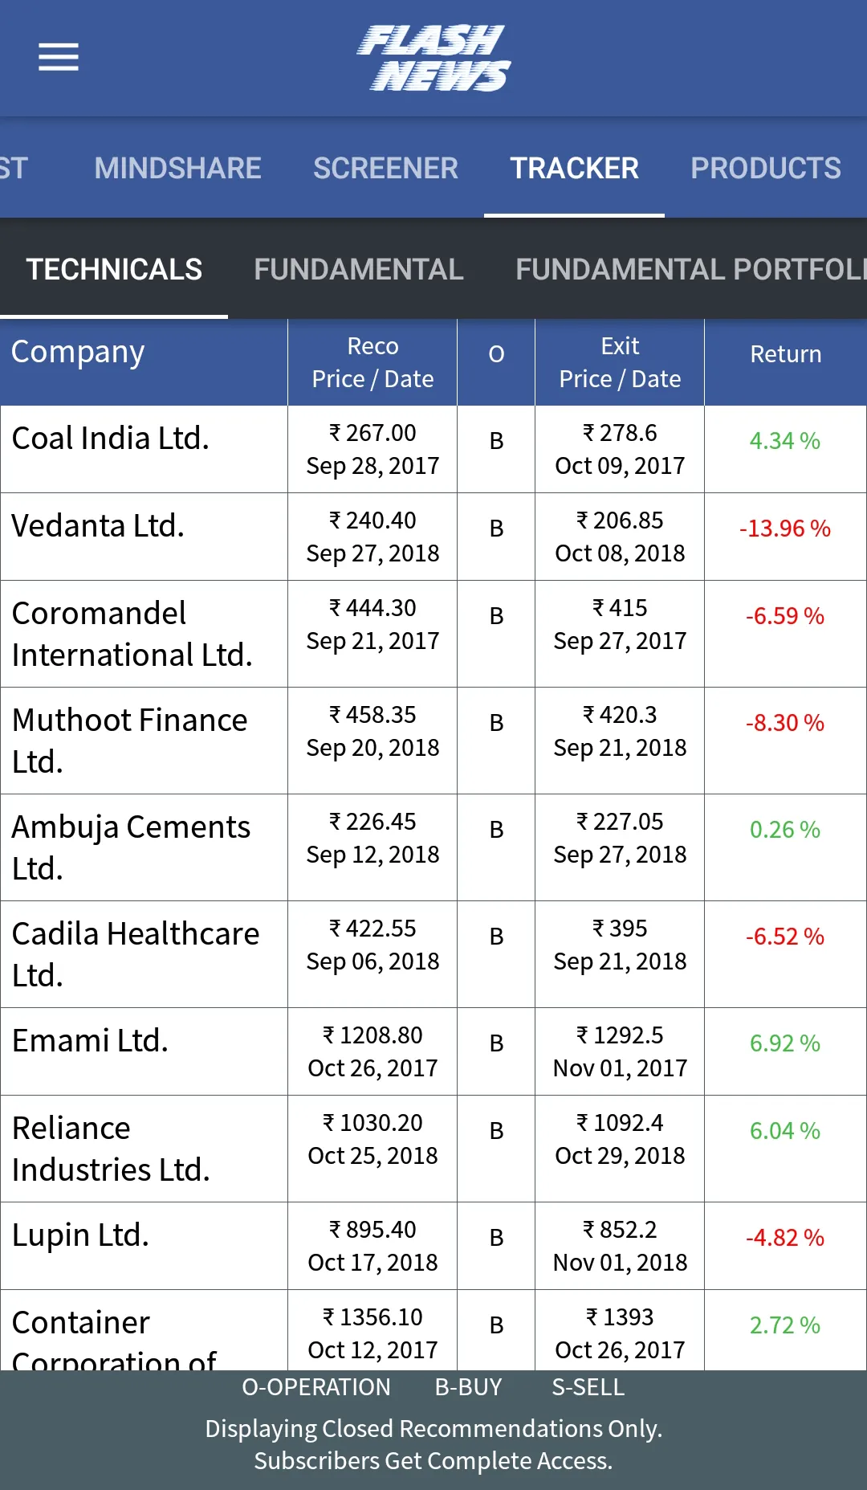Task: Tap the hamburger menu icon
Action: (x=59, y=57)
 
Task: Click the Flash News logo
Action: (x=433, y=58)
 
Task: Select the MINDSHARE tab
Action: (x=177, y=168)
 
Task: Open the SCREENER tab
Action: (x=385, y=168)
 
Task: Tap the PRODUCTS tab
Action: (x=766, y=168)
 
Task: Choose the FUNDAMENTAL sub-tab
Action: (x=359, y=269)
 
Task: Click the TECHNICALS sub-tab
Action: (x=114, y=269)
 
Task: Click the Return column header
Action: (x=786, y=354)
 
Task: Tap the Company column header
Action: (x=78, y=353)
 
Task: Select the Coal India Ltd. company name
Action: (x=111, y=439)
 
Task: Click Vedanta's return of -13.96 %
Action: (x=785, y=529)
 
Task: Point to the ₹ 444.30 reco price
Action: (x=372, y=608)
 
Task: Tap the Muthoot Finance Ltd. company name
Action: (x=130, y=741)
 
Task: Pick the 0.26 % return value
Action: (x=785, y=830)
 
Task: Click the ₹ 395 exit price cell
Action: (x=620, y=929)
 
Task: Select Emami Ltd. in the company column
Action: (x=90, y=1041)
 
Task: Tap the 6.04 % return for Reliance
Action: (x=785, y=1131)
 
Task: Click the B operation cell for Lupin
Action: (x=497, y=1238)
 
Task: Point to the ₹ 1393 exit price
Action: (x=620, y=1317)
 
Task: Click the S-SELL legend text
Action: (x=588, y=1387)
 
